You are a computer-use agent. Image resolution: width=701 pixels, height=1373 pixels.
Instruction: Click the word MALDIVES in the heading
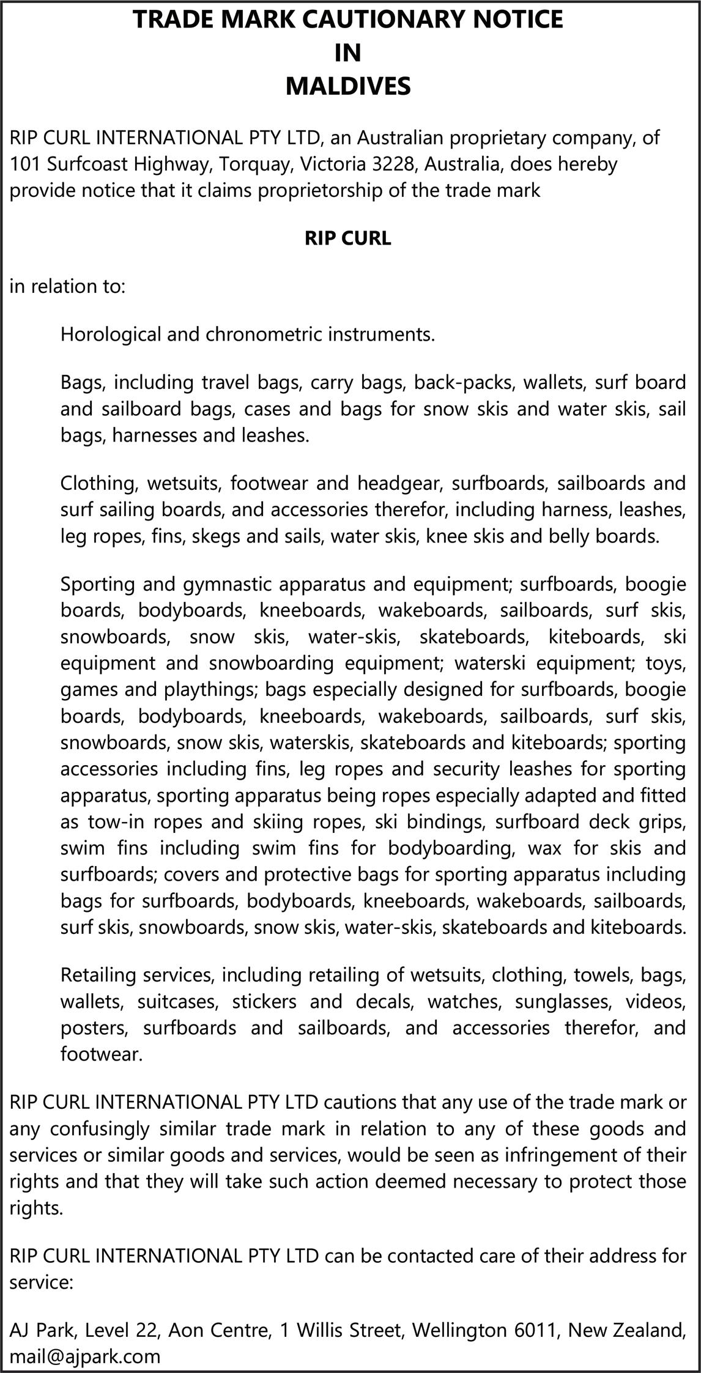pyautogui.click(x=348, y=86)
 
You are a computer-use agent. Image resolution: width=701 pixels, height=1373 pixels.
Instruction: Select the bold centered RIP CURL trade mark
pyautogui.click(x=348, y=238)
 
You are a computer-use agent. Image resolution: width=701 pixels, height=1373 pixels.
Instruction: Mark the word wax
pyautogui.click(x=544, y=848)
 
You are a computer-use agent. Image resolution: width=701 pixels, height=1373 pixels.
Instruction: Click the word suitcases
pyautogui.click(x=177, y=1001)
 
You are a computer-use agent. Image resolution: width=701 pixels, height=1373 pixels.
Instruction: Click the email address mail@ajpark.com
pyautogui.click(x=85, y=1356)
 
